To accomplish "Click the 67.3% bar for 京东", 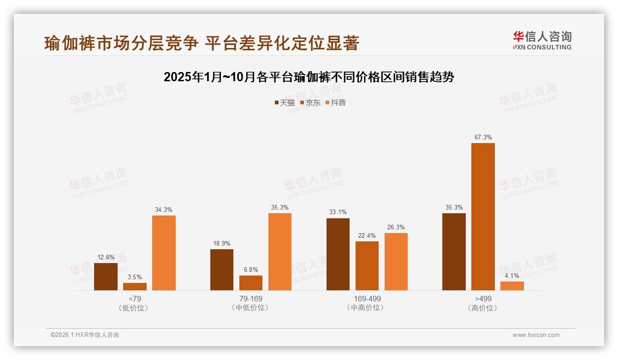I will [483, 216].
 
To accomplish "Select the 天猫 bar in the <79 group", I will [106, 276].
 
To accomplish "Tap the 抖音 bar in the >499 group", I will [512, 286].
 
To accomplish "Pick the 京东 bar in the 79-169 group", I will [251, 283].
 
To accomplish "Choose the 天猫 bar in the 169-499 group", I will [338, 254].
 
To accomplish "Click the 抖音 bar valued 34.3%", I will [164, 253].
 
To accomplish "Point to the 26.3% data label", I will [396, 227].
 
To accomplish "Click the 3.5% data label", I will [135, 277].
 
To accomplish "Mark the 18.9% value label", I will [221, 243].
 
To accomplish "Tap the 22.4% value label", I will [367, 236].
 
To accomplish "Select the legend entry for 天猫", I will [285, 102].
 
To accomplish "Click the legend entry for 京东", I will [310, 102].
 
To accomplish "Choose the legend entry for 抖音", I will [336, 102].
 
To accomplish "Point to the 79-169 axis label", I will [251, 299].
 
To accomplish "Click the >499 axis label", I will [482, 299].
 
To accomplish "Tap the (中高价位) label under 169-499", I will [367, 308].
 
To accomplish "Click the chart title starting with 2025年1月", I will [309, 77].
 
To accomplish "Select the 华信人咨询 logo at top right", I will [542, 40].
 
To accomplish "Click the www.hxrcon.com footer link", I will [536, 335].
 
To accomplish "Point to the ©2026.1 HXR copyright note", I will [85, 335].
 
